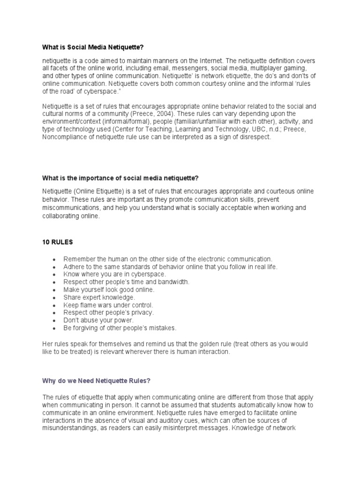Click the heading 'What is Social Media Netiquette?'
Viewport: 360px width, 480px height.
click(96, 47)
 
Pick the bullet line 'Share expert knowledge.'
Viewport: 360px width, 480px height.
click(99, 297)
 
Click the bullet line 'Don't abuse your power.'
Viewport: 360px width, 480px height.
click(98, 320)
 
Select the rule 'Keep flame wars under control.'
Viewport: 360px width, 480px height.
click(108, 305)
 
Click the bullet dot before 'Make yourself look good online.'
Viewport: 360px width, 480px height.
click(54, 290)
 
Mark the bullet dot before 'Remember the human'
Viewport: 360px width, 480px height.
click(54, 259)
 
